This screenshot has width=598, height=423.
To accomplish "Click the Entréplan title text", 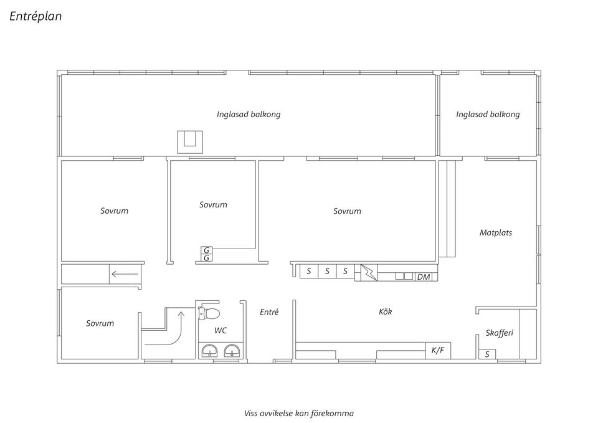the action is [x=36, y=16].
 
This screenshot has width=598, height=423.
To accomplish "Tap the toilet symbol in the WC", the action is [x=209, y=313].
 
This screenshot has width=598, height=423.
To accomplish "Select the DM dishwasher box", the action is [x=424, y=277].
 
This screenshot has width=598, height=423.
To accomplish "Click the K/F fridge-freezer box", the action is [x=438, y=350].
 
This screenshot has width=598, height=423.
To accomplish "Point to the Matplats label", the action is [x=496, y=232].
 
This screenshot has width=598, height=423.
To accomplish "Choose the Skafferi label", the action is [x=499, y=333].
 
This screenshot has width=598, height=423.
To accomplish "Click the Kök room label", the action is [x=385, y=311].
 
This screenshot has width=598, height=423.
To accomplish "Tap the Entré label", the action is [x=269, y=312].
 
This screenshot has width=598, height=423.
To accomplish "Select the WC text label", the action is [x=221, y=330].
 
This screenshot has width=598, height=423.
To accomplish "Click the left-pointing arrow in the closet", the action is [x=125, y=274].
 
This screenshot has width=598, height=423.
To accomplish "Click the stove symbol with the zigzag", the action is [x=369, y=272].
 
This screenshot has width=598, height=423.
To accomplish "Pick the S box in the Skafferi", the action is [x=487, y=354].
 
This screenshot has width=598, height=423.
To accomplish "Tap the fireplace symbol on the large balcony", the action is [x=190, y=142].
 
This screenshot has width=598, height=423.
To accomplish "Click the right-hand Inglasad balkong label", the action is [x=488, y=115].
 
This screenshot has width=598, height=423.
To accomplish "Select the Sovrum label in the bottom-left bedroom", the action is [x=100, y=323].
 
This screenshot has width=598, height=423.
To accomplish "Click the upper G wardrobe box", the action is [x=206, y=250].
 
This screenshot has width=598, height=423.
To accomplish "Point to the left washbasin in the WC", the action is [x=209, y=351].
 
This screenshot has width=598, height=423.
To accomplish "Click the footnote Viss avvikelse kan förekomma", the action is [x=299, y=413].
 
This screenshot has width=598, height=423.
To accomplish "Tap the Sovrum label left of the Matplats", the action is [x=347, y=211].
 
